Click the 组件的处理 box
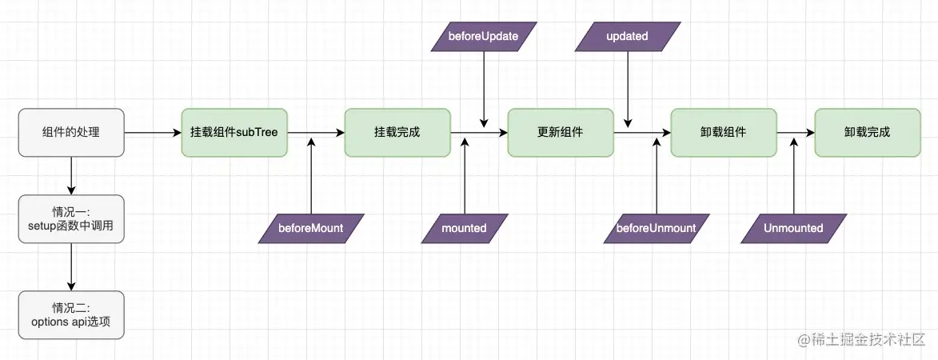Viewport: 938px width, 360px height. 71,132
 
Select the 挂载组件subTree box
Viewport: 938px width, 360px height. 234,132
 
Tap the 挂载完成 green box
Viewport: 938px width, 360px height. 397,132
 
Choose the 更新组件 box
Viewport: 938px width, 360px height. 560,132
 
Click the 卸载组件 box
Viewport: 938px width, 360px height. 724,132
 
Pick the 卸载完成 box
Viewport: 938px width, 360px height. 867,132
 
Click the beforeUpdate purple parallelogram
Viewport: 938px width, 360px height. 484,37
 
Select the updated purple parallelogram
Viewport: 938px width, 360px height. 628,37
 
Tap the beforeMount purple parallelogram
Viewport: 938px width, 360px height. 311,228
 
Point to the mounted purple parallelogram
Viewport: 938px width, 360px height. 465,228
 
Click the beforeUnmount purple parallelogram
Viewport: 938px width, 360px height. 656,228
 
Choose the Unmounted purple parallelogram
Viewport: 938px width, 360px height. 793,228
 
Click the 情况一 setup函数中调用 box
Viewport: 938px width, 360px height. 71,219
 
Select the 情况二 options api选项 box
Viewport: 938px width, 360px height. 71,314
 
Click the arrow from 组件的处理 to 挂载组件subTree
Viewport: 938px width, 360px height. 152,133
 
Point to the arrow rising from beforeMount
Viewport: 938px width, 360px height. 311,176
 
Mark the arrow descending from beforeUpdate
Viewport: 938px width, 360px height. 484,88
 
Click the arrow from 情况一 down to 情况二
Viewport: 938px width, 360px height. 71,267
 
